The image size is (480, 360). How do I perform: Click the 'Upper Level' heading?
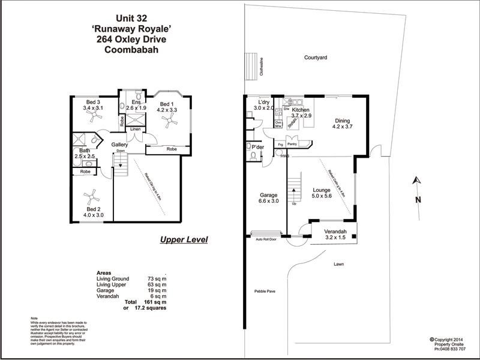point(184,240)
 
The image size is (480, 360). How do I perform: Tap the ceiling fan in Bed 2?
point(92,196)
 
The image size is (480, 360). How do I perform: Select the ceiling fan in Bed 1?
point(171,122)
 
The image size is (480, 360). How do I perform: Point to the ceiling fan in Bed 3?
point(93,118)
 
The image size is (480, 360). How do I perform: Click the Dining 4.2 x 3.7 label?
point(346,124)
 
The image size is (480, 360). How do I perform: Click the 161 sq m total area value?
point(155,303)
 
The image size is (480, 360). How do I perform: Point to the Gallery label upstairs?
point(120,145)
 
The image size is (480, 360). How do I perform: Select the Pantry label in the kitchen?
point(293,144)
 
